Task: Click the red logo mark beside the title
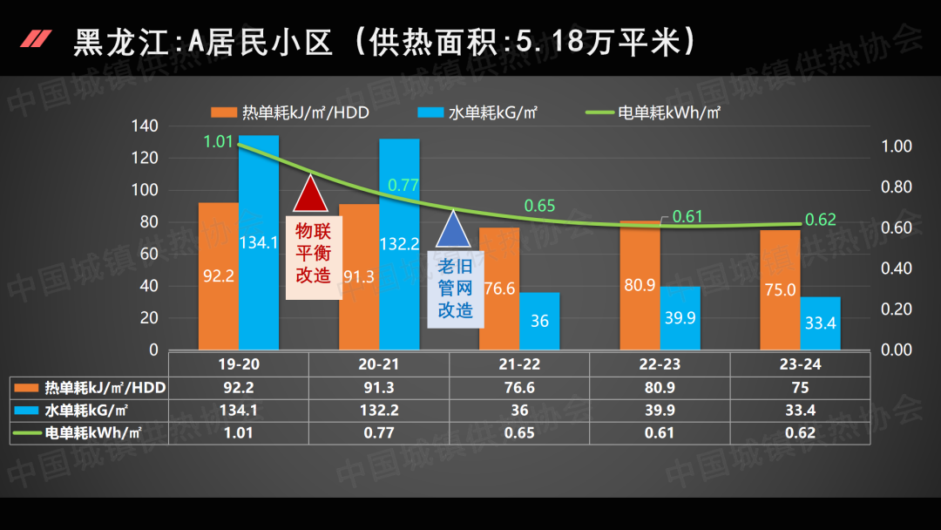pos(37,39)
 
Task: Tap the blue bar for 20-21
pos(399,244)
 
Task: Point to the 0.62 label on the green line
pos(820,220)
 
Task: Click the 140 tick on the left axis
pos(146,126)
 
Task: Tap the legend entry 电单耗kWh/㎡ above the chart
pos(653,112)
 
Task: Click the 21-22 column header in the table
pos(519,364)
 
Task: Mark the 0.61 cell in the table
pos(660,432)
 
